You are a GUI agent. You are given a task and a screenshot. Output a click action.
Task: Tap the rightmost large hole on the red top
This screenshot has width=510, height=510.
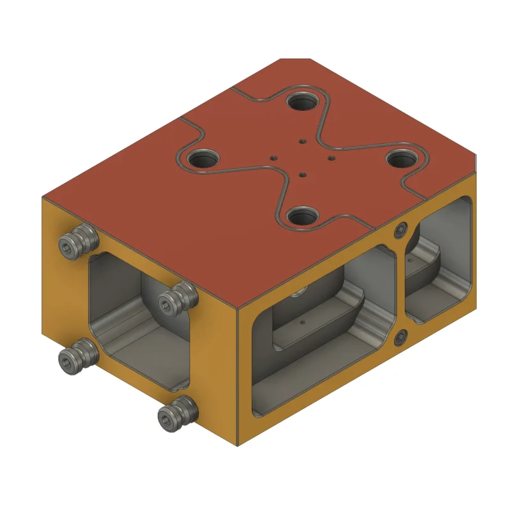(403, 157)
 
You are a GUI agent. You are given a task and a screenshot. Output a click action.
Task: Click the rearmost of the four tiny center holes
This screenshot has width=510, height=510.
(302, 142)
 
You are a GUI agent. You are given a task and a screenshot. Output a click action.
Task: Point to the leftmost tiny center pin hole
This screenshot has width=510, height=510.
(273, 156)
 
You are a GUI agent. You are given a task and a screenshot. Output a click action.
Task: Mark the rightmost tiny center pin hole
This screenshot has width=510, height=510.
(331, 157)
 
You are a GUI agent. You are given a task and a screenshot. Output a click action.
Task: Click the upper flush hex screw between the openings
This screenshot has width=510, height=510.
(400, 230)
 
